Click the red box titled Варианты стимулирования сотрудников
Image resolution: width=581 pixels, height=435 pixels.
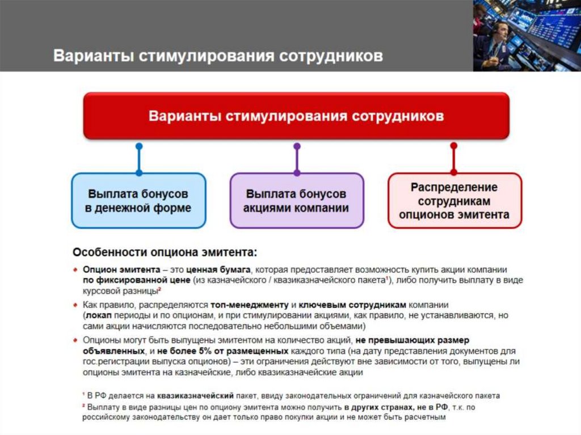click(x=296, y=116)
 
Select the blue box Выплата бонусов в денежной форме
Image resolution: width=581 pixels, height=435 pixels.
click(x=138, y=200)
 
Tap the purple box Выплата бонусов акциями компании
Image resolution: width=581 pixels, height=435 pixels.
click(x=296, y=200)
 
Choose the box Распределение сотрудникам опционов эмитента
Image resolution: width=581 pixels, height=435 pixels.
click(x=454, y=200)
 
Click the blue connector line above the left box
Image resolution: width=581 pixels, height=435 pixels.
click(x=139, y=159)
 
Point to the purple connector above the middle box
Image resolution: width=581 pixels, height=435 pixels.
click(x=296, y=159)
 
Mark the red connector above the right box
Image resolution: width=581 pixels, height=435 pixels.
click(x=453, y=159)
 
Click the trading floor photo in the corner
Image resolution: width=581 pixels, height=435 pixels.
click(x=527, y=35)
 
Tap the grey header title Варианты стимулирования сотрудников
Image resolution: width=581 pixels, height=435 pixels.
click(x=218, y=56)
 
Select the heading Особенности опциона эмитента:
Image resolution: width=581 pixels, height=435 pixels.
click(x=165, y=251)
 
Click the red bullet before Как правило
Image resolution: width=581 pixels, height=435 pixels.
click(x=76, y=305)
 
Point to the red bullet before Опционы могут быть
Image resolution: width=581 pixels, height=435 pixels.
click(x=76, y=340)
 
